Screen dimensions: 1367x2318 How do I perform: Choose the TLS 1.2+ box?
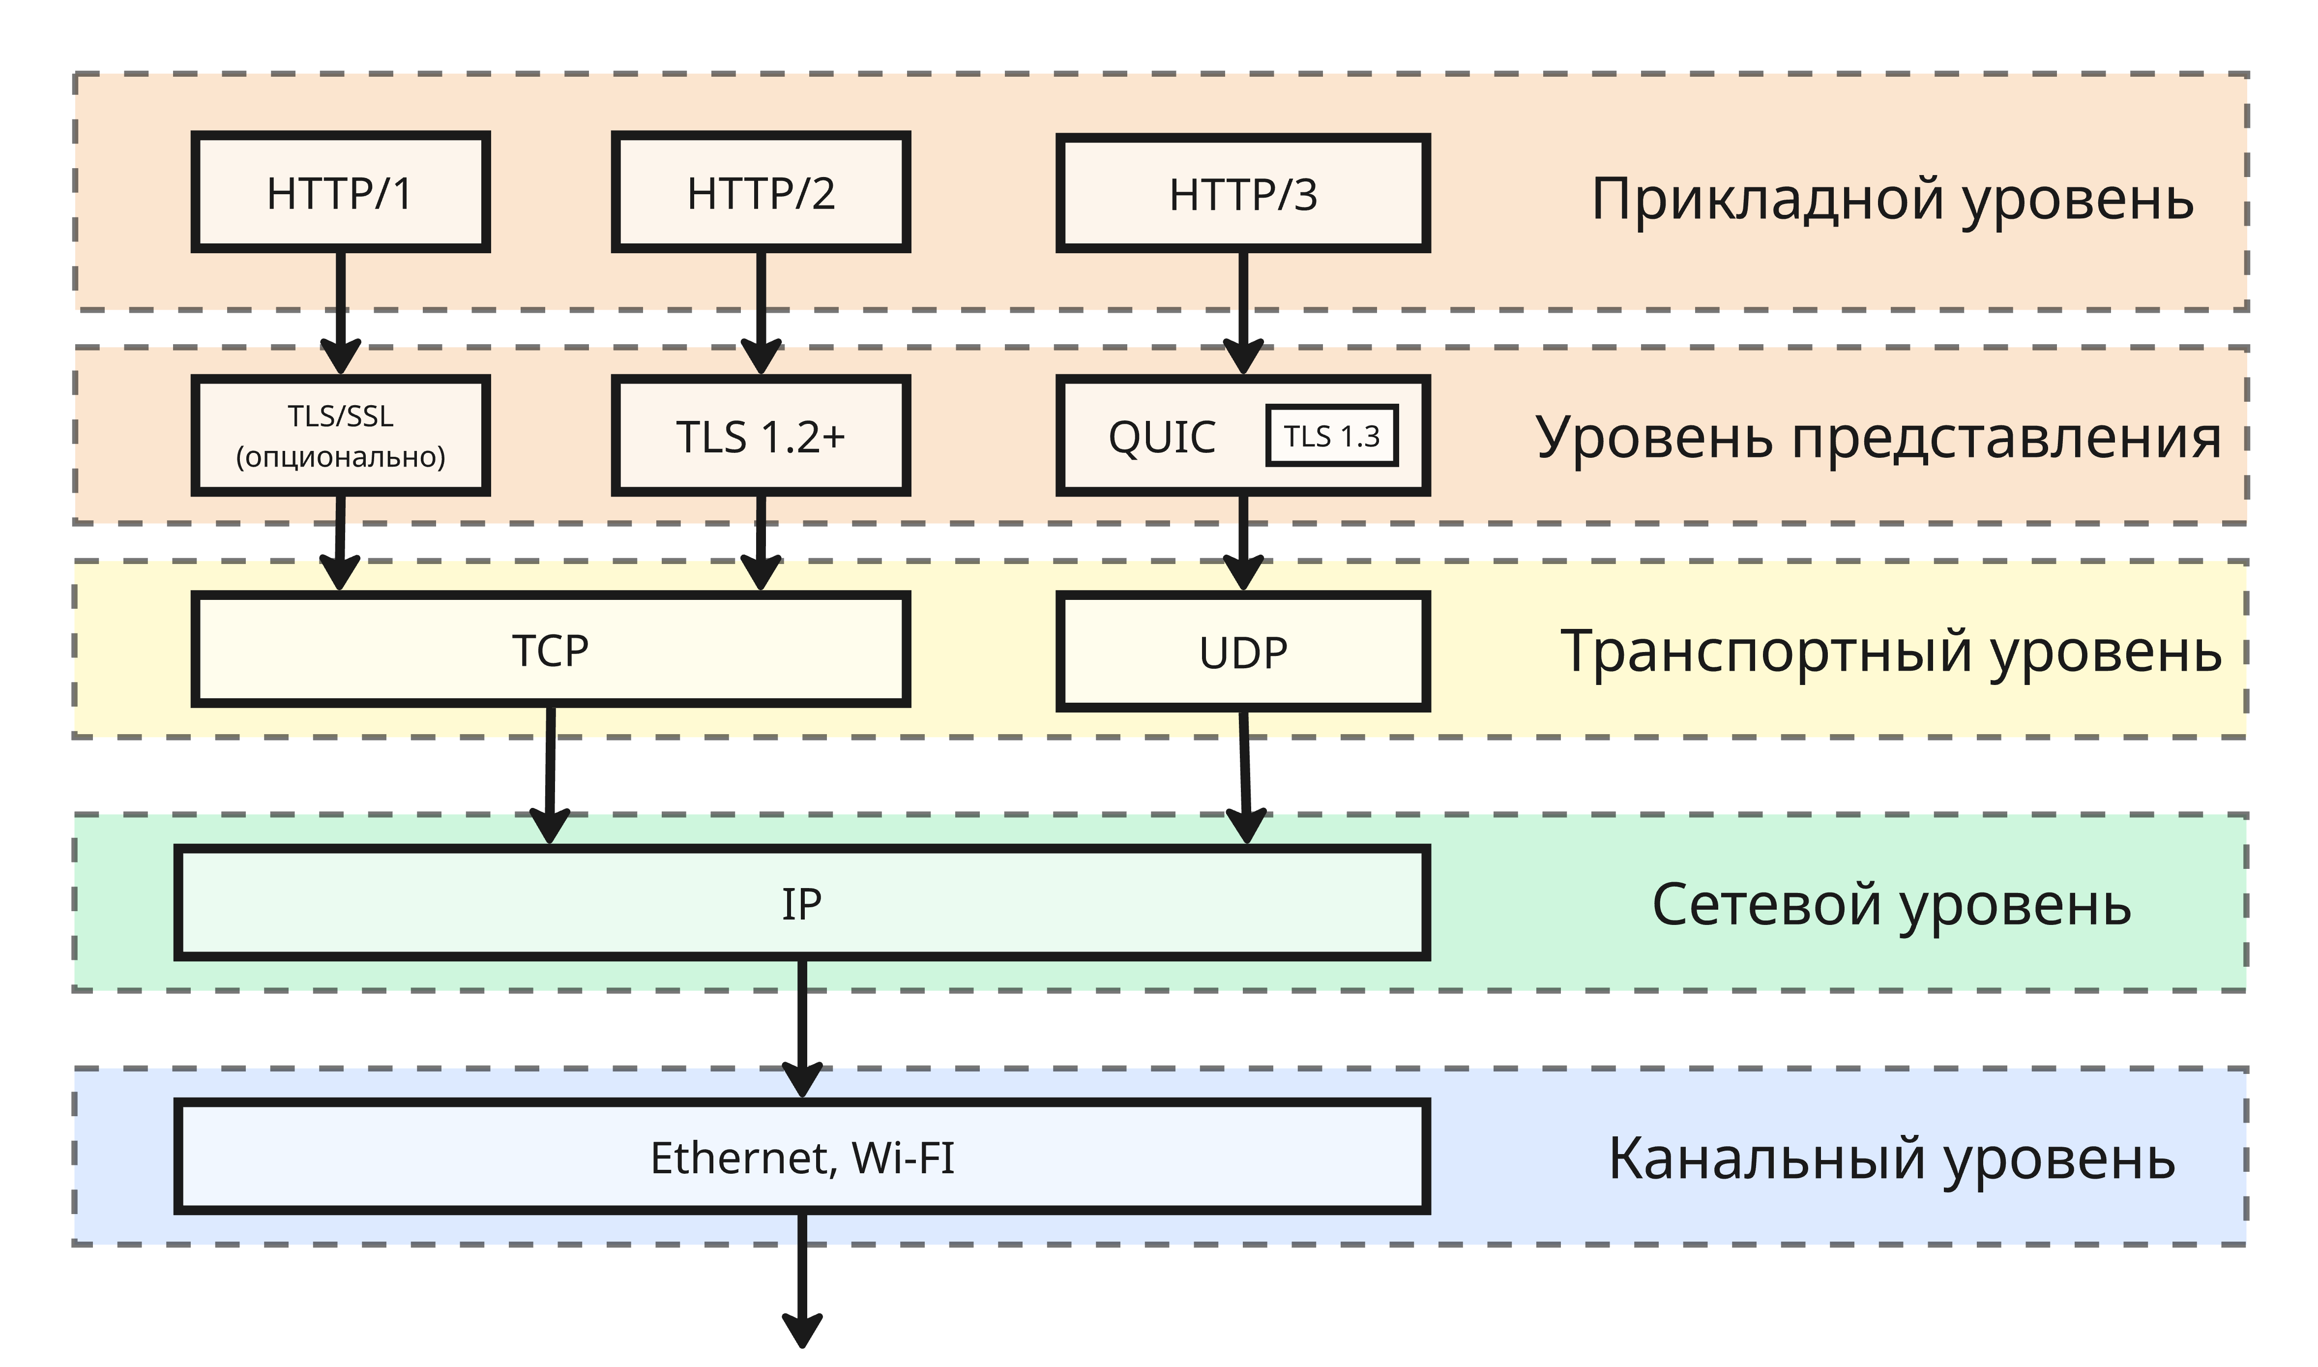point(761,436)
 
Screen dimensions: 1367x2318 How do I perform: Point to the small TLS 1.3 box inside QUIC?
point(1332,436)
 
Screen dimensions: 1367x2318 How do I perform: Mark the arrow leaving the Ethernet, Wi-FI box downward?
point(802,1280)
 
